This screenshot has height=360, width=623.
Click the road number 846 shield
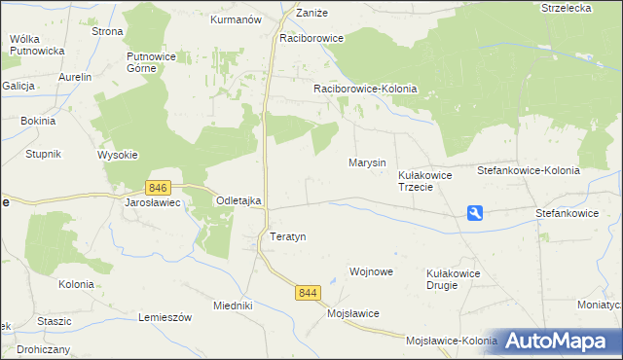coord(159,187)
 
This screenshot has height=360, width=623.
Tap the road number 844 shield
coord(309,292)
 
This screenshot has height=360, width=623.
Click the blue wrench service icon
coord(475,213)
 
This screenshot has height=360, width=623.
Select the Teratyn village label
coord(287,236)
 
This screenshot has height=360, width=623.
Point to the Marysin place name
coord(367,162)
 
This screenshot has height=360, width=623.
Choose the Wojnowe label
coord(371,272)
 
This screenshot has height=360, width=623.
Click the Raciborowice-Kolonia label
coord(365,89)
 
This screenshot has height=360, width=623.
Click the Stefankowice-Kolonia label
coord(528,170)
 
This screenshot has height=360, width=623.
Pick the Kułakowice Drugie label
coord(454,280)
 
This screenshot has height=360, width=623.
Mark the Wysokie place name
coord(118,155)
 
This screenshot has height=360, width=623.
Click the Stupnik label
coord(44,154)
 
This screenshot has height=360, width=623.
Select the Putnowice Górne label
coord(150,62)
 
